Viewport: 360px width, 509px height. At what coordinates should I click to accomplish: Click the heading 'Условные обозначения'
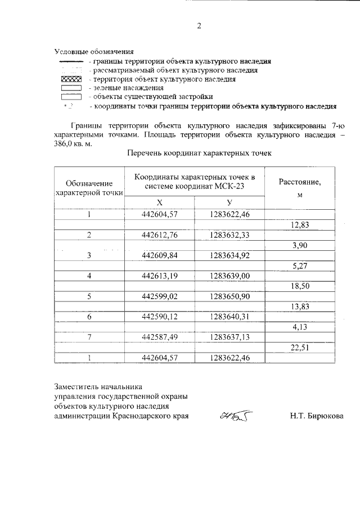click(94, 52)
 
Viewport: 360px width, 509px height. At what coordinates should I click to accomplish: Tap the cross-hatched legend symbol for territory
click(71, 79)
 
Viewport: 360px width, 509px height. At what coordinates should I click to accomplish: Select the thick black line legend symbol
click(71, 61)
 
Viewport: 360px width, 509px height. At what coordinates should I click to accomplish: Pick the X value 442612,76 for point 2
click(160, 235)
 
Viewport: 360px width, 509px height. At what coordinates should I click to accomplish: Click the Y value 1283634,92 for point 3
click(229, 255)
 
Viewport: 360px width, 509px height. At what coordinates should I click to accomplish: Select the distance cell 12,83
click(299, 224)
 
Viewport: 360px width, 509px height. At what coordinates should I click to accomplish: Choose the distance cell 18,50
click(299, 286)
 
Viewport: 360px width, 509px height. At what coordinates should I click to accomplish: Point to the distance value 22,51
click(299, 348)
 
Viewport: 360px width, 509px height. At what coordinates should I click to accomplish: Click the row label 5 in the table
click(89, 296)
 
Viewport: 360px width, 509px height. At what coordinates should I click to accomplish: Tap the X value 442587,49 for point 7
click(160, 337)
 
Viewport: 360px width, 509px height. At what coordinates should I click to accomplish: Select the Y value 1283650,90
click(229, 296)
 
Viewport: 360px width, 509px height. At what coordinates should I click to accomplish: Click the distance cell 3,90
click(299, 245)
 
